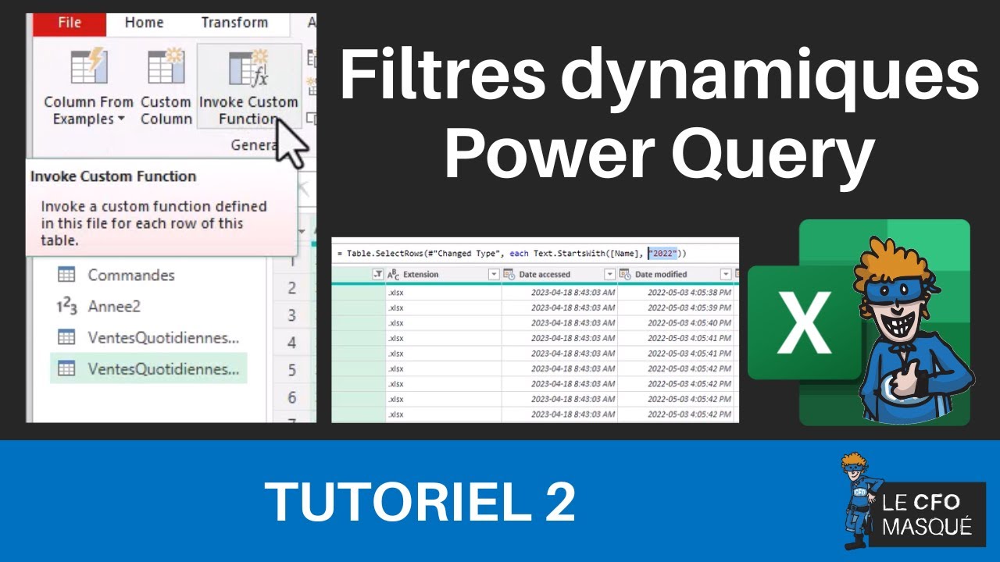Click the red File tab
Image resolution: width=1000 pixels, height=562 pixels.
coord(69,23)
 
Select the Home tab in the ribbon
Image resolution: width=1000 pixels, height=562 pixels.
coord(144,23)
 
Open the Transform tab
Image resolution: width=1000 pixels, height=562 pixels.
coord(234,23)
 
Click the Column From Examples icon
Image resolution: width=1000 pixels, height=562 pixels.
coord(88,67)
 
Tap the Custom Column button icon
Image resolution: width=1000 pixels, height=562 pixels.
coord(166,67)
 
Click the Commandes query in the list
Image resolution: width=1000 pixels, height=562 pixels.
coord(130,275)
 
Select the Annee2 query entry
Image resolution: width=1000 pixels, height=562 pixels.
coord(113,307)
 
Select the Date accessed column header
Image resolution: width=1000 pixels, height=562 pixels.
coord(545,275)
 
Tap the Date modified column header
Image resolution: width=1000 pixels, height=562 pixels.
coord(661,275)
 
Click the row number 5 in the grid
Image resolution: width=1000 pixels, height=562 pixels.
coord(291,369)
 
